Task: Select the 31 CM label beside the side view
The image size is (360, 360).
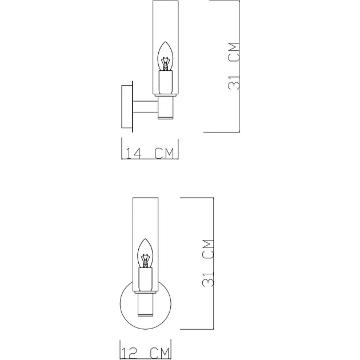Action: point(233,66)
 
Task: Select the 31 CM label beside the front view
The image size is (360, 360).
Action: point(209,262)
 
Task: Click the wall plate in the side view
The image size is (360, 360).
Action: point(127,106)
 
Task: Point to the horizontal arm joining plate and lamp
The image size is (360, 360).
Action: point(146,106)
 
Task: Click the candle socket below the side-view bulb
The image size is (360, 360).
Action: point(165,81)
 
